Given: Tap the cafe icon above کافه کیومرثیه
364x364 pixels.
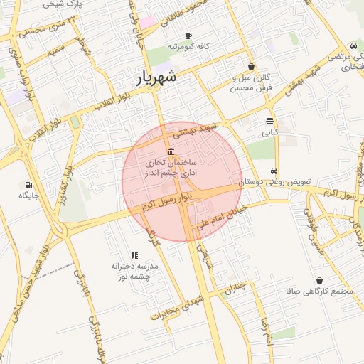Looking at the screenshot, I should point(188,36).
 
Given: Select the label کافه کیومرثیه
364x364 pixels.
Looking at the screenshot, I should point(191,46).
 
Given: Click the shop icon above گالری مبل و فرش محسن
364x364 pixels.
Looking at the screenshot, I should point(250,66).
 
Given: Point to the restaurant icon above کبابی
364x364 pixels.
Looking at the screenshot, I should point(269,121).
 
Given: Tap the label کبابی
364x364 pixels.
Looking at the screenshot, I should point(270,132).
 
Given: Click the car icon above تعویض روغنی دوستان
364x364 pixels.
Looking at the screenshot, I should point(274,171).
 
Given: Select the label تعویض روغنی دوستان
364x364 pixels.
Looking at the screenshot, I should point(273,182).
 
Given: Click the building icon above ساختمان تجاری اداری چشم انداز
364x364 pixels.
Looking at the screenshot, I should point(171,152).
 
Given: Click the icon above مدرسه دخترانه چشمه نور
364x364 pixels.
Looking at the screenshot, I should point(134,255).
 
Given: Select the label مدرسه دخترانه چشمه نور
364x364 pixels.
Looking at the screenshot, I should point(134,271).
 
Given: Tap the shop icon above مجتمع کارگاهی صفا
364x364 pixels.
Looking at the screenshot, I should point(319,281).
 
